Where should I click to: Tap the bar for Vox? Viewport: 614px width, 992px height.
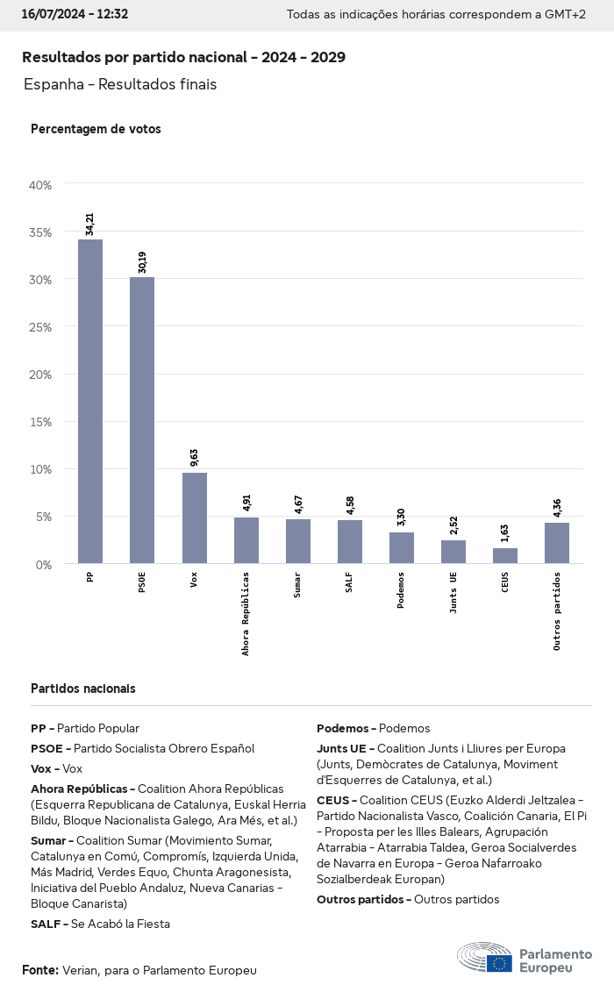[x=195, y=517]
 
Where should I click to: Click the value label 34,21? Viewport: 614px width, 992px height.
[x=90, y=224]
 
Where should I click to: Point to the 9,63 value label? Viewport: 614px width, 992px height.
[x=195, y=458]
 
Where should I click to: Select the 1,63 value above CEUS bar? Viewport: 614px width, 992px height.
[x=505, y=533]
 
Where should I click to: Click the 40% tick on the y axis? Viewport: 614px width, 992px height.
[x=40, y=185]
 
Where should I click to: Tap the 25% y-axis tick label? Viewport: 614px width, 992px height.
[x=40, y=327]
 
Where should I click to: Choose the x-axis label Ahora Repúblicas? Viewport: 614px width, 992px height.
[x=246, y=613]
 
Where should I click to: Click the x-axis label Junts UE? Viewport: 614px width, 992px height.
[x=453, y=593]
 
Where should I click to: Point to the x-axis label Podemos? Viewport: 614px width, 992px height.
[x=402, y=591]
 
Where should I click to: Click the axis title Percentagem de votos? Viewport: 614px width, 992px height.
[x=96, y=129]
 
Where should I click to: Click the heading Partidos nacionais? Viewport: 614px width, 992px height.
[x=83, y=689]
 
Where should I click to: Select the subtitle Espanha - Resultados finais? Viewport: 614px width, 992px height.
[x=120, y=85]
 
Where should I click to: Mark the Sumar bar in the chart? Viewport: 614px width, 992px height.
[x=298, y=540]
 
